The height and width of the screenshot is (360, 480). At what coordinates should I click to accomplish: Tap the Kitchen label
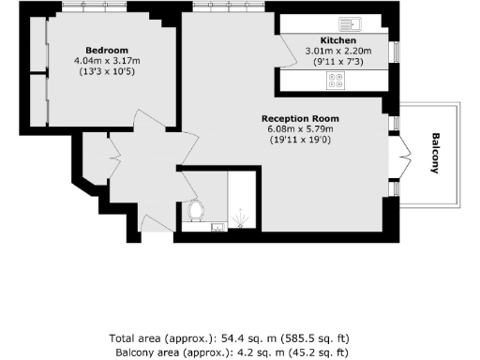[337, 41]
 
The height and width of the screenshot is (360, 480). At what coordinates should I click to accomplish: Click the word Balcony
[435, 153]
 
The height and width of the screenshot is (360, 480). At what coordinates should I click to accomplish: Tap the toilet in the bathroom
[197, 210]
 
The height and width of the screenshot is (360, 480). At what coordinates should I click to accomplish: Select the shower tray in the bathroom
[242, 202]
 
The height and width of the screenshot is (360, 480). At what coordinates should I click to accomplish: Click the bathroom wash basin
[217, 226]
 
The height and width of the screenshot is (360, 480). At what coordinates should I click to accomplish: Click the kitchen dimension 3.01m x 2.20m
[337, 52]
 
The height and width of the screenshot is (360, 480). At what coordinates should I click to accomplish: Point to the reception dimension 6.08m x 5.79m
[301, 129]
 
